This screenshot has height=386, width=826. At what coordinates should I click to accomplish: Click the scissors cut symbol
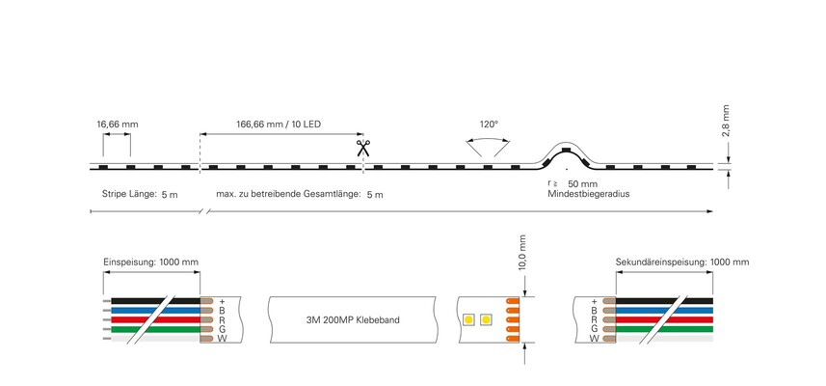click(362, 149)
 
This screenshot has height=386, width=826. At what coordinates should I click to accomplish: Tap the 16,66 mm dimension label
click(117, 125)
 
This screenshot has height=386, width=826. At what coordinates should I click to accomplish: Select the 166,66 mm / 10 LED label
click(278, 125)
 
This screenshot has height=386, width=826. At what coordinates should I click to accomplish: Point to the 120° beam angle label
click(489, 125)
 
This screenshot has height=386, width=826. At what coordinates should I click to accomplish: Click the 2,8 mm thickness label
click(726, 121)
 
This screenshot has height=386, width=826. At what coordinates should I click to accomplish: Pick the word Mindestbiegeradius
click(589, 194)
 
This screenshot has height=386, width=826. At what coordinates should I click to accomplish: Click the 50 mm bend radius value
click(582, 184)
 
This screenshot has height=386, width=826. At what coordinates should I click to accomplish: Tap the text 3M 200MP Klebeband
click(353, 320)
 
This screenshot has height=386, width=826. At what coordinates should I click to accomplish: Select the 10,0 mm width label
click(522, 253)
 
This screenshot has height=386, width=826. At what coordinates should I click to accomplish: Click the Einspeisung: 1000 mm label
click(150, 262)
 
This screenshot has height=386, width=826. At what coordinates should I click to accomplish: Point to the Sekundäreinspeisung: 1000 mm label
click(682, 262)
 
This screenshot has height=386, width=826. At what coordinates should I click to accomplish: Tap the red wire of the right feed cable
click(664, 319)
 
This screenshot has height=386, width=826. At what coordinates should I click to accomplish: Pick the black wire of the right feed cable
click(664, 301)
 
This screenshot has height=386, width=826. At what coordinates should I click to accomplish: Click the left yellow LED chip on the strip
click(467, 319)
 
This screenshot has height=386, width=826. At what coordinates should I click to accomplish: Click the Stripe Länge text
click(129, 194)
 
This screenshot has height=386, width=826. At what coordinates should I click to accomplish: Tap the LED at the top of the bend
click(566, 150)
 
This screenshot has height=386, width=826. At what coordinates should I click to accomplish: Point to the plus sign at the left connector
click(222, 302)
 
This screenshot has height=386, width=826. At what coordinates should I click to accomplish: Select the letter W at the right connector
click(595, 339)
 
